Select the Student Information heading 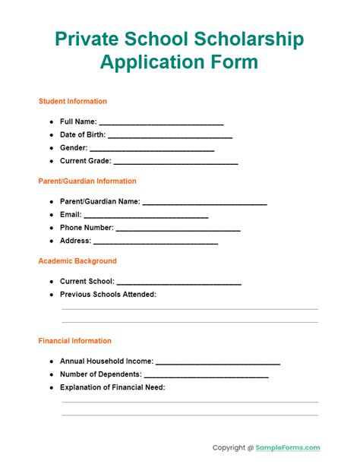tap(73, 101)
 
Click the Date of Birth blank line tap(170, 136)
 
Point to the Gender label tap(74, 148)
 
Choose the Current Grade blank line tap(176, 162)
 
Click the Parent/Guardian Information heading tap(87, 181)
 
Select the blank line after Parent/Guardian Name tap(204, 203)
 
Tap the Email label tap(71, 215)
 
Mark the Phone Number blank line tap(178, 229)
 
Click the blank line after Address tap(156, 241)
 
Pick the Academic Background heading tap(77, 260)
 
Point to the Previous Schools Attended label tap(108, 295)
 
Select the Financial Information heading tap(75, 341)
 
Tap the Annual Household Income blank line tap(218, 362)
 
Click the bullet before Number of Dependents tap(51, 374)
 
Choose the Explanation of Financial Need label tap(112, 387)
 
